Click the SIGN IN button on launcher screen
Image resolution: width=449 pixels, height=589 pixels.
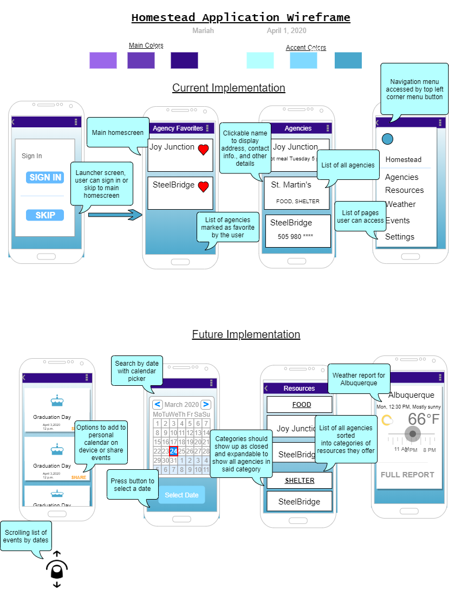[x=45, y=177]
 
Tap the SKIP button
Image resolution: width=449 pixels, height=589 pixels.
[x=45, y=215]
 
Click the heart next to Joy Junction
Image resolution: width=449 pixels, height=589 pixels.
[x=203, y=150]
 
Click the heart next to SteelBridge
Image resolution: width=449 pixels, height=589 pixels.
[x=203, y=187]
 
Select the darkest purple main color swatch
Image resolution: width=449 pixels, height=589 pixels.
[x=184, y=60]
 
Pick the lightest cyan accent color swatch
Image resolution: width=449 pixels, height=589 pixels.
[x=260, y=60]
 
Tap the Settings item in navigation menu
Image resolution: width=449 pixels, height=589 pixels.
[x=400, y=237]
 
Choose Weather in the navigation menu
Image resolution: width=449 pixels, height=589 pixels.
[x=401, y=204]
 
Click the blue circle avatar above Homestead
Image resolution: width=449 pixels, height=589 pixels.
[x=387, y=139]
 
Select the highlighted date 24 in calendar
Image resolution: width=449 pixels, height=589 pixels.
[x=173, y=451]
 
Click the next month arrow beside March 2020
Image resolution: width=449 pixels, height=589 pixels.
[x=205, y=404]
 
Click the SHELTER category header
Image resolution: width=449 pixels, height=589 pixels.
[x=300, y=481]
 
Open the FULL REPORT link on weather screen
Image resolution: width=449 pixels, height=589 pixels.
[x=407, y=475]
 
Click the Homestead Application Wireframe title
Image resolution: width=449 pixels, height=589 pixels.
[x=240, y=17]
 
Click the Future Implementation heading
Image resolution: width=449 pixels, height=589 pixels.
[x=246, y=334]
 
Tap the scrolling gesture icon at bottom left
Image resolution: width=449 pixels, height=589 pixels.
[x=57, y=569]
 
